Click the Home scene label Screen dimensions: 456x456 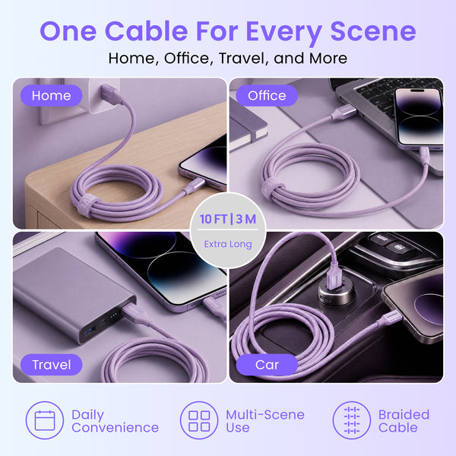coord(51,96)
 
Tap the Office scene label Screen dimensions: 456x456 coord(267,96)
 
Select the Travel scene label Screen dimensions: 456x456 coord(51,365)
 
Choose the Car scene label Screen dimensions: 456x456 coord(267,365)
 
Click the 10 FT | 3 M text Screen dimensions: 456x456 coord(228,219)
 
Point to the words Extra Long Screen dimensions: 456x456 coord(228,244)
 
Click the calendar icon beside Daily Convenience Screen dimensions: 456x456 coord(45,420)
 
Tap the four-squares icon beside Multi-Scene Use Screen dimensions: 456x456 coord(199,420)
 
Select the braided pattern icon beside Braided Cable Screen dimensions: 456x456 coord(352,420)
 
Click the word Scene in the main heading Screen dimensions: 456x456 coord(373,31)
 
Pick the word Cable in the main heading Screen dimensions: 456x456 coord(146,31)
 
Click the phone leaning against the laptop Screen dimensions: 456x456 coord(419,119)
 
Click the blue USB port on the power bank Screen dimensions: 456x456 coord(90,331)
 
